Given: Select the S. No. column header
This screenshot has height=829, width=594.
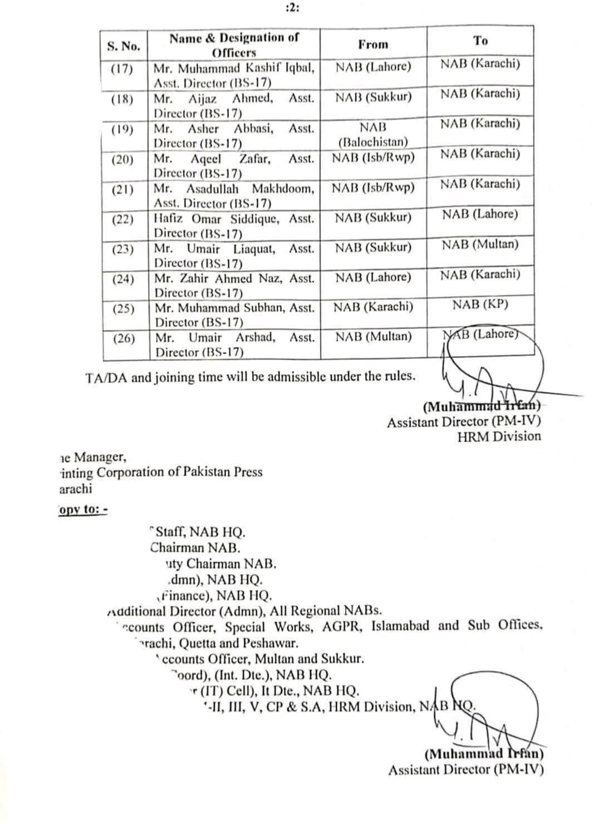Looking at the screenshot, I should (124, 46).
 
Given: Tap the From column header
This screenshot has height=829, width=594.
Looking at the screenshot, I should (373, 45).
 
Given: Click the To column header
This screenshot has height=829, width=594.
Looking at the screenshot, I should (480, 41).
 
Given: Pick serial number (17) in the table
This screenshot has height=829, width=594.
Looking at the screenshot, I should (122, 70).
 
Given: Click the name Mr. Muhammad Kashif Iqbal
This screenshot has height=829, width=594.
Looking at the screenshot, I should (234, 68).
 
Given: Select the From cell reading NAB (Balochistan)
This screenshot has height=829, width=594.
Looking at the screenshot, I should (373, 135).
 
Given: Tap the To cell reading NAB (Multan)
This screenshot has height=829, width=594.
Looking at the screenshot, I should (480, 244).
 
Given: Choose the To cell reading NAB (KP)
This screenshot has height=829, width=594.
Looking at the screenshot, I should (480, 305).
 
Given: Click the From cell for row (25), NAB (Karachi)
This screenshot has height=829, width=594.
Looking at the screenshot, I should (373, 307).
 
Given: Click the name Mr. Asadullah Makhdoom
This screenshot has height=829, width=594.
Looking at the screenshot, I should (234, 189).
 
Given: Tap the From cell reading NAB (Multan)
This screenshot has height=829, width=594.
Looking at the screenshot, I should (373, 337).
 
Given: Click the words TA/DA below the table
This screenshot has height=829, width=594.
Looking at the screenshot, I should (106, 377).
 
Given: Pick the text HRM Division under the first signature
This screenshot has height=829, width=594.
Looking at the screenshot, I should (499, 436).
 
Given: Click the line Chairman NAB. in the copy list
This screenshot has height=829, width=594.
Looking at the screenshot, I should (195, 548).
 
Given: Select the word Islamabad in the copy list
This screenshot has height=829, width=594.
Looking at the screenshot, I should (400, 626).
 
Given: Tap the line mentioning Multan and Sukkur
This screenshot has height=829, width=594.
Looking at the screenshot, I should (262, 659).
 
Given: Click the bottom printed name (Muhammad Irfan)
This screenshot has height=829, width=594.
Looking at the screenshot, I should (484, 755).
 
